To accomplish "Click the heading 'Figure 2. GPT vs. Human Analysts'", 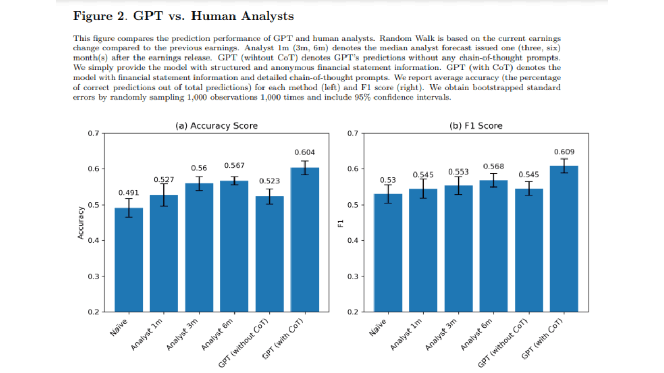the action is (x=183, y=16).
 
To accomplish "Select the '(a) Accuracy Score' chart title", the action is (x=216, y=126).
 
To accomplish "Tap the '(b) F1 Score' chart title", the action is (x=476, y=126).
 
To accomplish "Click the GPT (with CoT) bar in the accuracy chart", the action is (x=305, y=240).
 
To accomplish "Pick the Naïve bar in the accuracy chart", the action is (x=129, y=260).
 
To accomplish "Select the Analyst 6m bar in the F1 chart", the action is (x=493, y=246).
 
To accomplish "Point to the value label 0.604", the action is (x=305, y=152).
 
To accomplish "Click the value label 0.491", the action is (x=129, y=193).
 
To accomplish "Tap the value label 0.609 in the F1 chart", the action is (x=564, y=152).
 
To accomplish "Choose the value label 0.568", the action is (x=493, y=166).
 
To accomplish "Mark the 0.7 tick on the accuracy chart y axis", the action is (x=93, y=134).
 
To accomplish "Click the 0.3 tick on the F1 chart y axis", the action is (x=353, y=277).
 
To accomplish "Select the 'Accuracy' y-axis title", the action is (x=80, y=223).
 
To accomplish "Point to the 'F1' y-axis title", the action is (x=341, y=223).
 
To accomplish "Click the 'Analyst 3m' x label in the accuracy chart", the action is (x=182, y=335).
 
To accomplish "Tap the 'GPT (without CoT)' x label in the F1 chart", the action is (x=503, y=342).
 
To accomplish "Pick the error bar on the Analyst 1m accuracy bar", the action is (x=164, y=195).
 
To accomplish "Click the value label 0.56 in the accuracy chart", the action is (x=199, y=168).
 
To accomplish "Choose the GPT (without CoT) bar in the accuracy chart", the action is (x=269, y=254).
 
